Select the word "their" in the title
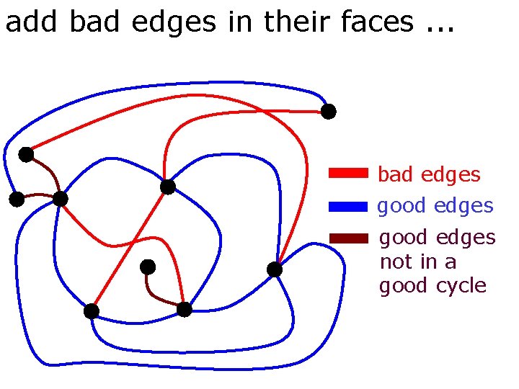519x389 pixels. click(x=296, y=22)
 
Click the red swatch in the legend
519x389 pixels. click(x=348, y=173)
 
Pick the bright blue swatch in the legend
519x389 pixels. click(x=348, y=206)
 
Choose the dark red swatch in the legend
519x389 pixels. click(x=348, y=238)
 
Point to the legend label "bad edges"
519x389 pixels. click(x=429, y=174)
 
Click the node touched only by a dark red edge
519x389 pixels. click(x=148, y=267)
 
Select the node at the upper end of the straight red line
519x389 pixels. click(x=168, y=187)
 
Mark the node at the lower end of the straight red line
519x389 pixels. click(x=92, y=311)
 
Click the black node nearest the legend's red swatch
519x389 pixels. click(x=328, y=112)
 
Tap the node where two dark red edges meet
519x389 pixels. click(x=61, y=198)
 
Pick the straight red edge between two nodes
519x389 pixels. click(x=130, y=249)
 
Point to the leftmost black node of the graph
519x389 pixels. click(x=17, y=200)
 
